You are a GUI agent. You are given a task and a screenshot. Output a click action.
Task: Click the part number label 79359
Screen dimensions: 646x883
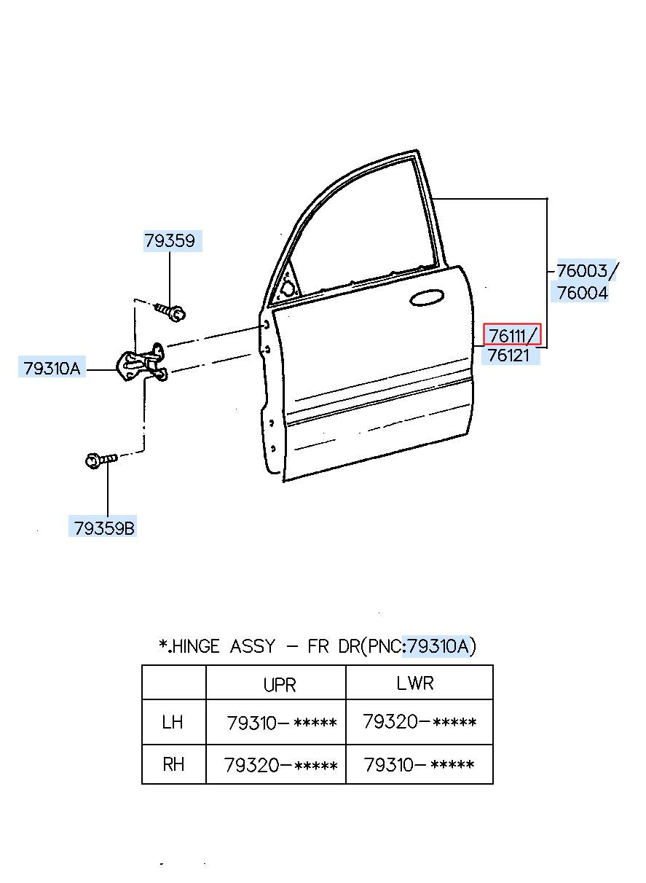pyautogui.click(x=170, y=240)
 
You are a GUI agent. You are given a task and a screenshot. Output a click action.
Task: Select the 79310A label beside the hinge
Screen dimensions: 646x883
pyautogui.click(x=52, y=369)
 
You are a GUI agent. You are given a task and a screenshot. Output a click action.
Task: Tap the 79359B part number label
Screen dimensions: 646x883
pyautogui.click(x=104, y=528)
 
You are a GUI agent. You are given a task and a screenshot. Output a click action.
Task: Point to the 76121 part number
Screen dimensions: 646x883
pyautogui.click(x=508, y=356)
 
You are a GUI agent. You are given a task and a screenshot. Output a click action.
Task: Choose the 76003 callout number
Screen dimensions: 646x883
pyautogui.click(x=582, y=270)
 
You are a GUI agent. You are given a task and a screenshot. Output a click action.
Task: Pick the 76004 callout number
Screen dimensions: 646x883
pyautogui.click(x=583, y=292)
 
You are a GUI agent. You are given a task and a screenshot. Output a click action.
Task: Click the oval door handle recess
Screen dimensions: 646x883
pyautogui.click(x=427, y=298)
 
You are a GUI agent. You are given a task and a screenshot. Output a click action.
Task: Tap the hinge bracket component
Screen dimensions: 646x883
pyautogui.click(x=143, y=363)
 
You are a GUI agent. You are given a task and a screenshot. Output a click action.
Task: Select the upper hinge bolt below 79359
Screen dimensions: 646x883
pyautogui.click(x=170, y=311)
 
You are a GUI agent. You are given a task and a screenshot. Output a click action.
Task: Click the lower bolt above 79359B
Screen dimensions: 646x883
pyautogui.click(x=101, y=460)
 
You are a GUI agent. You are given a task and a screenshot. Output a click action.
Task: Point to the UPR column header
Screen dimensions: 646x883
pyautogui.click(x=280, y=684)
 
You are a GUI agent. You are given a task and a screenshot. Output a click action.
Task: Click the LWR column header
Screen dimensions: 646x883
pyautogui.click(x=414, y=683)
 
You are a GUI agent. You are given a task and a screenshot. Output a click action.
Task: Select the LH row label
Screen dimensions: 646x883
pyautogui.click(x=173, y=722)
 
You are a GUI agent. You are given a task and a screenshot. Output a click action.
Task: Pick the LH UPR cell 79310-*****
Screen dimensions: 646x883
pyautogui.click(x=281, y=723)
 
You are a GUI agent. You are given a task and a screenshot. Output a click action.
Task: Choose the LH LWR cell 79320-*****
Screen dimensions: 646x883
pyautogui.click(x=419, y=721)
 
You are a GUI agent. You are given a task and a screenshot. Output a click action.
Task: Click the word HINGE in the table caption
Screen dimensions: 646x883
pyautogui.click(x=196, y=646)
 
